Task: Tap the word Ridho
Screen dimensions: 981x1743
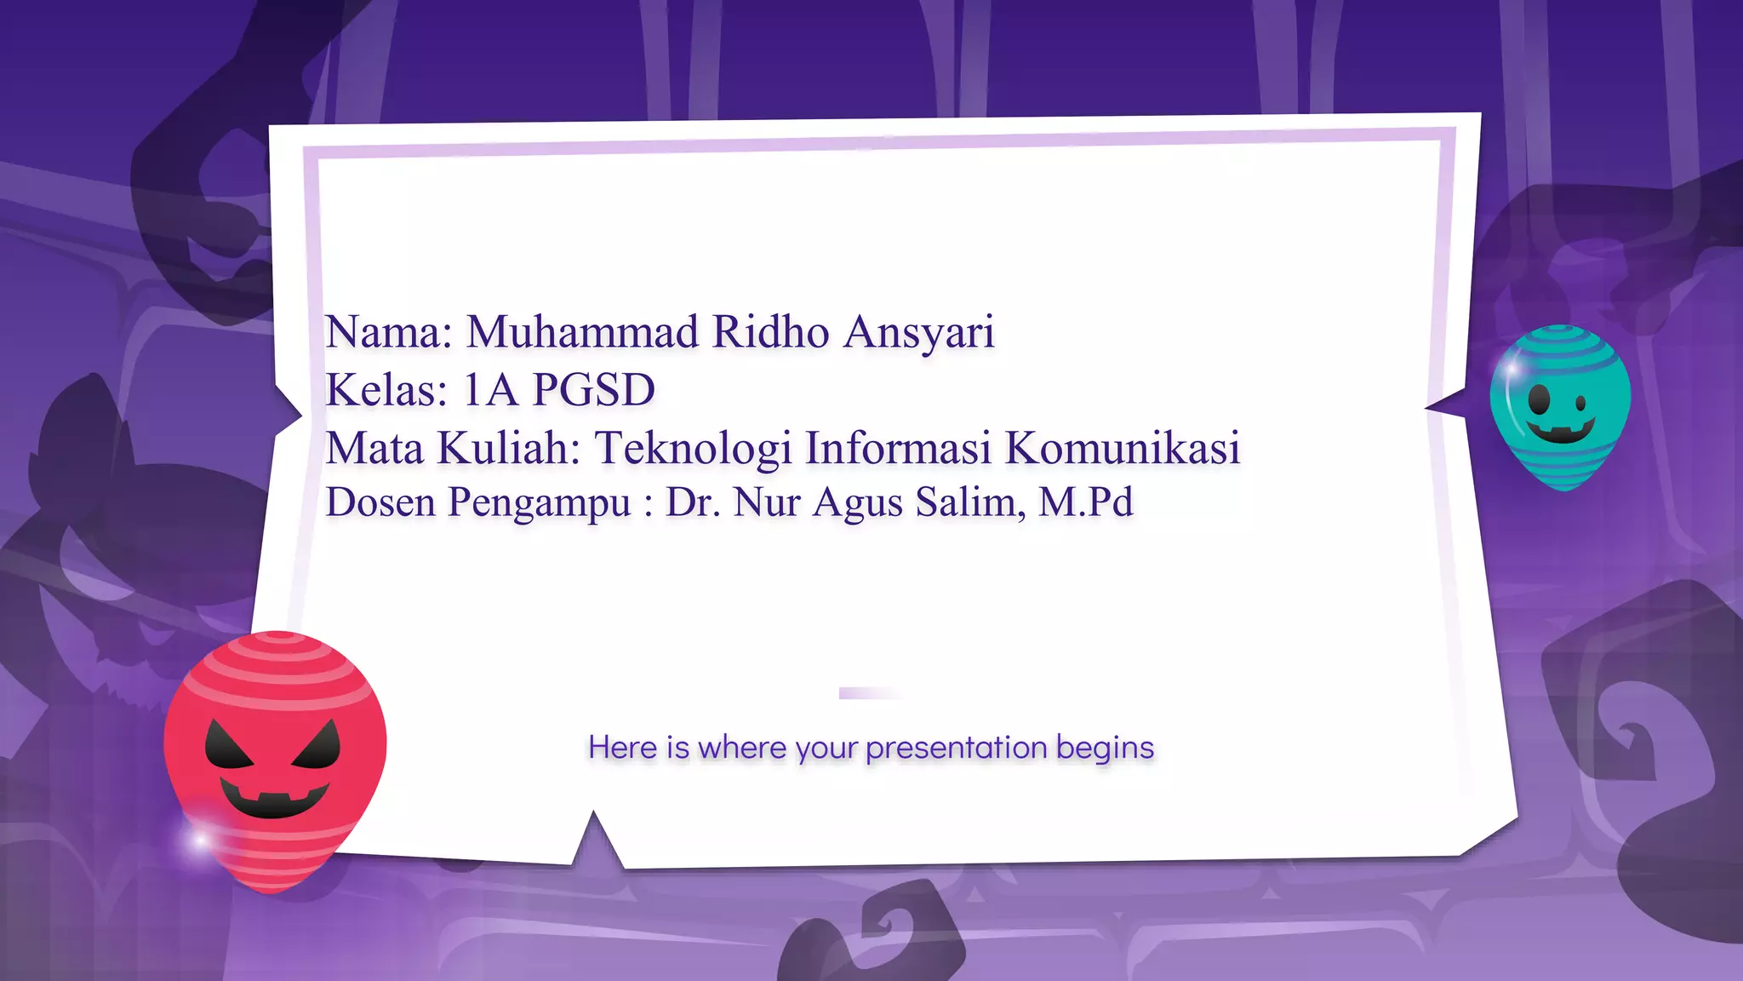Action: [x=770, y=331]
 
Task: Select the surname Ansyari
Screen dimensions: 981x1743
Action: [x=918, y=333]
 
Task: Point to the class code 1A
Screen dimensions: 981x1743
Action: [x=490, y=390]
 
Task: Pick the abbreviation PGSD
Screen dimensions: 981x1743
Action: [x=593, y=390]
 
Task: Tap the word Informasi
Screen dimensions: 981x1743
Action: [x=898, y=448]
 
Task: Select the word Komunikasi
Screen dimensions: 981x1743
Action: [x=1123, y=448]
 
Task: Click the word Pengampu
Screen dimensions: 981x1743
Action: [x=539, y=503]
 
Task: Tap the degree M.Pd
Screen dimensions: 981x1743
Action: [x=1086, y=502]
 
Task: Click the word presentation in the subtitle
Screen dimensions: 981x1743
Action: [x=956, y=748]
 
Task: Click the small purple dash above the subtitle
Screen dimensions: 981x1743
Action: [x=868, y=693]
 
